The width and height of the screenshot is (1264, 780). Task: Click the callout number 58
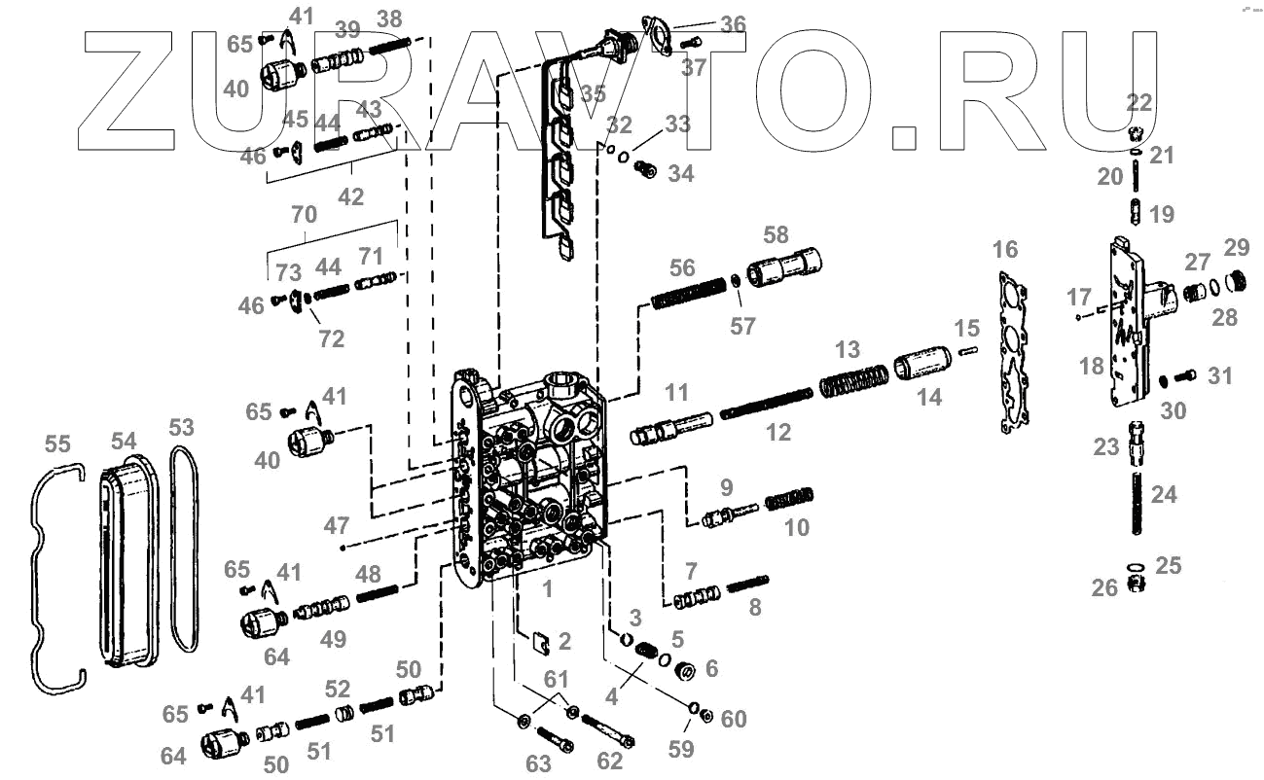(x=776, y=234)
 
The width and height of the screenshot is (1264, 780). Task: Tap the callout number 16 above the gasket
(x=1005, y=250)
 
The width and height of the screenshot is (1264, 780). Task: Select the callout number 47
(x=337, y=526)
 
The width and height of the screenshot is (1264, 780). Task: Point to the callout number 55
(x=57, y=444)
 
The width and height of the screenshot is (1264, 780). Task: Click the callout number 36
(x=732, y=23)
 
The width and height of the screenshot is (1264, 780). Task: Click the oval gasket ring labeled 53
(x=182, y=550)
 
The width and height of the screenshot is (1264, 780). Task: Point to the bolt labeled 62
(x=608, y=728)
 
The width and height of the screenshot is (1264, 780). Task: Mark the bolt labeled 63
(x=551, y=734)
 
